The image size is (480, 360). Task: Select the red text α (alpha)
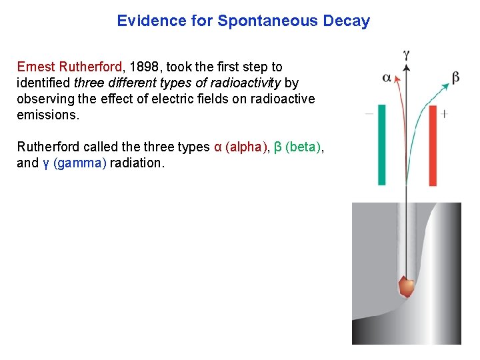(x=241, y=147)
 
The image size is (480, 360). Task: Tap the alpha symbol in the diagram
(x=387, y=78)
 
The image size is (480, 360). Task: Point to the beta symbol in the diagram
(x=455, y=78)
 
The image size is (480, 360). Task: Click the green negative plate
(x=382, y=144)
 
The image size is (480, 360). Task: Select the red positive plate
(x=432, y=145)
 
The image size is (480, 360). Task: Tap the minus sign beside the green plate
(x=369, y=114)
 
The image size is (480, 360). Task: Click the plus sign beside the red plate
(x=445, y=114)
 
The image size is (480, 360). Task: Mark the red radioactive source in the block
(x=405, y=286)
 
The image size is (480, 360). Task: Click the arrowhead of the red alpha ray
(x=397, y=77)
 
